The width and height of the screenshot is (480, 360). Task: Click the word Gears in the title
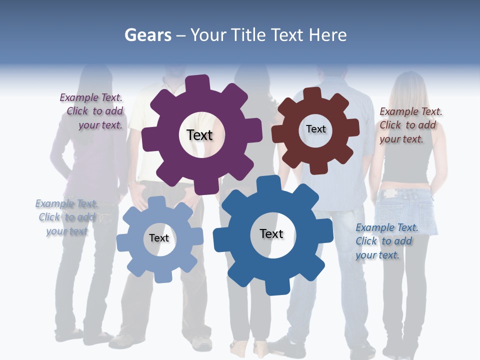pos(148,35)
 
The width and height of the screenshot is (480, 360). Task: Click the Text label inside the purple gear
pos(199,135)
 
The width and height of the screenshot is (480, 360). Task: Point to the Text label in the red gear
pos(315,129)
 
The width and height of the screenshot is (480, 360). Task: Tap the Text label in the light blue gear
pos(159,238)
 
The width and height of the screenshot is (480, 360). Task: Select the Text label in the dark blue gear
pos(271,233)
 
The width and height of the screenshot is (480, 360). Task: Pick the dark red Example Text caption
pos(410,125)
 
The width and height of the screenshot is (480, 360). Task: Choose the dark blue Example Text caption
pos(386,241)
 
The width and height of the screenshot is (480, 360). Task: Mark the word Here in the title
pos(328,35)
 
